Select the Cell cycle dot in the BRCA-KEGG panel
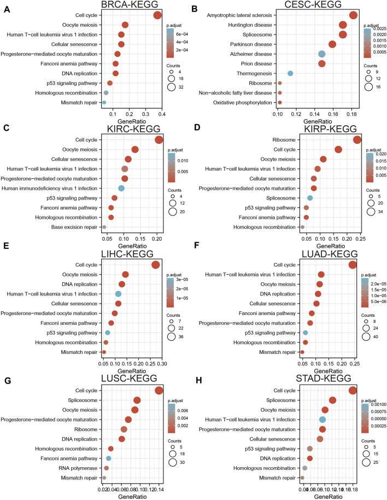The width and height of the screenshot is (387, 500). click(157, 15)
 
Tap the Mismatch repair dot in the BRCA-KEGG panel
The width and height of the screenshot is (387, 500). click(104, 102)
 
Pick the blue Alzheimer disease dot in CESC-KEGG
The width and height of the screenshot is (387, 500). click(322, 54)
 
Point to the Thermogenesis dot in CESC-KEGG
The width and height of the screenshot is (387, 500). click(290, 73)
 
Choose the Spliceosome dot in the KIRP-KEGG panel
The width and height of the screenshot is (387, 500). click(310, 198)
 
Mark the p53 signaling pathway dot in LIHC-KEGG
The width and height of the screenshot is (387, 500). click(108, 333)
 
